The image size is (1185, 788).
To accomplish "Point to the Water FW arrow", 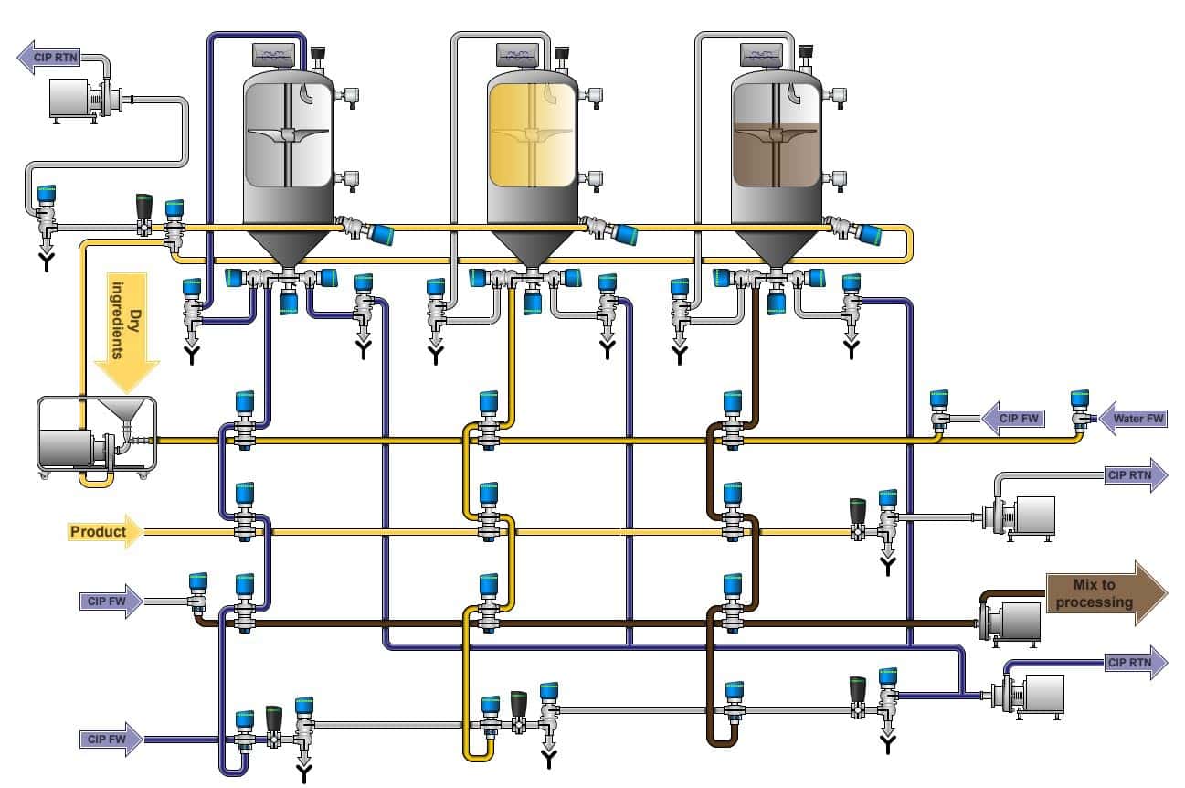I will [1134, 420].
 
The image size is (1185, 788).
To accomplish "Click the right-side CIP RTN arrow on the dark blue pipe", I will [1135, 663].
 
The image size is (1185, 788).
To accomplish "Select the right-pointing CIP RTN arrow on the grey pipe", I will [1135, 475].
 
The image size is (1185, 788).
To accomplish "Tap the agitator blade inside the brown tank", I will [777, 134].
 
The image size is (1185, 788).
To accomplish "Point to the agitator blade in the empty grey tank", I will [288, 135].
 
